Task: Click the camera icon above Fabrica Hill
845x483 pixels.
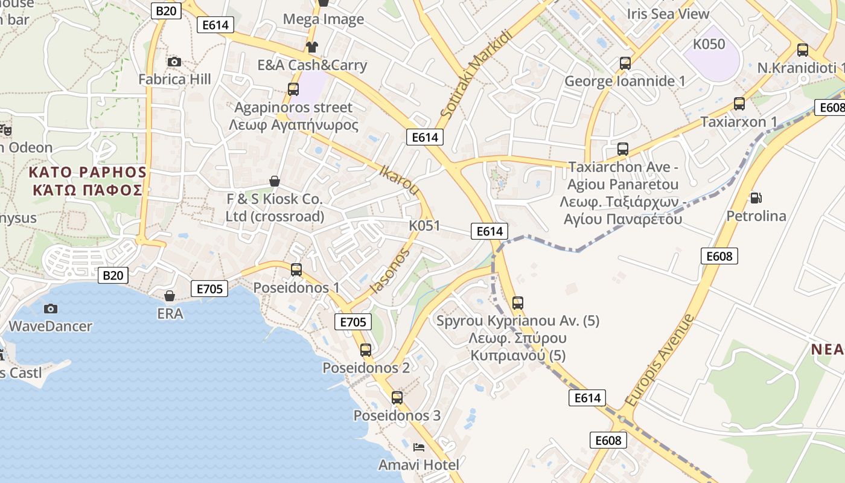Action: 174,62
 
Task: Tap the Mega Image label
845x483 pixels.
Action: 324,19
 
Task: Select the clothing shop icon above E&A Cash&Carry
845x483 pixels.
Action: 311,47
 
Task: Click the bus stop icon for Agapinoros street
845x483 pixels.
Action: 293,89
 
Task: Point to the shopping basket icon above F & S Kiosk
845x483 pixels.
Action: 275,181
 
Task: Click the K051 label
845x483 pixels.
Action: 424,226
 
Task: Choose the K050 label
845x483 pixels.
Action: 709,44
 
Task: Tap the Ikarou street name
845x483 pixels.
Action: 400,179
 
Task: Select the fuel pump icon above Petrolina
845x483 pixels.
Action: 755,197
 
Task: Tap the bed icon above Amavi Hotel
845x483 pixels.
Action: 419,447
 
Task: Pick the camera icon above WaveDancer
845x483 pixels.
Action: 51,309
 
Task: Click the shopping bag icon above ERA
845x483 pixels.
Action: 170,296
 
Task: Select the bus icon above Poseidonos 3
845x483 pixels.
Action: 397,398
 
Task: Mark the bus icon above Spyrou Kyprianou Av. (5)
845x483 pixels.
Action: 517,303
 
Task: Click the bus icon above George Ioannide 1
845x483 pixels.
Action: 625,63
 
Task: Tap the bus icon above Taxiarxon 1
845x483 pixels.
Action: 739,104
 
